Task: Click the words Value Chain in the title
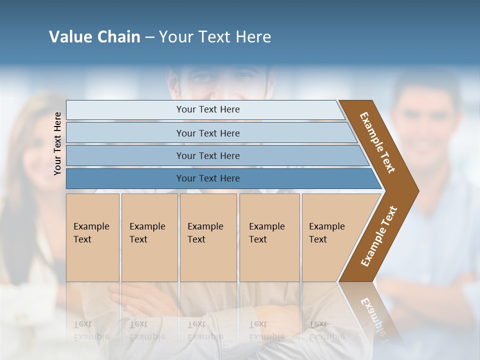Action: [94, 37]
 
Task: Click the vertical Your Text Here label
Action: [57, 143]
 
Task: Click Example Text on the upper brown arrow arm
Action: [377, 142]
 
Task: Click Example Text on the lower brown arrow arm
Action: [379, 236]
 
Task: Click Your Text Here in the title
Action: [215, 37]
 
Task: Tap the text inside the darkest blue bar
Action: [208, 178]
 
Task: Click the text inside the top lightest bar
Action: [208, 109]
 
